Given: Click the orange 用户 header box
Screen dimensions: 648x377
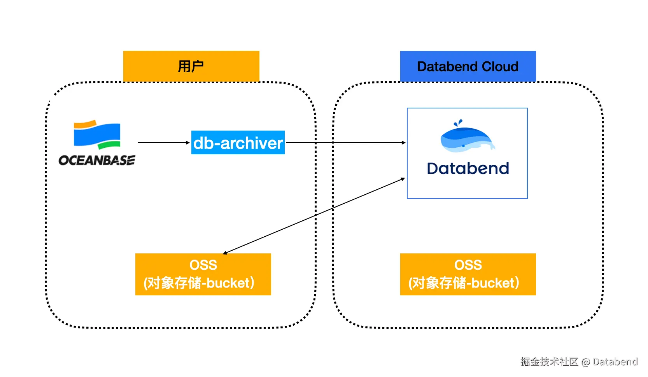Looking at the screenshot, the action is [x=191, y=66].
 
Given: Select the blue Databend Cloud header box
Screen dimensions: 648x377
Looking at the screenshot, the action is [x=468, y=66].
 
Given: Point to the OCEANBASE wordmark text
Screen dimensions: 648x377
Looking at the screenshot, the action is [x=96, y=160].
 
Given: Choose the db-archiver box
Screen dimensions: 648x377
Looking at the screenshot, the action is [x=238, y=143].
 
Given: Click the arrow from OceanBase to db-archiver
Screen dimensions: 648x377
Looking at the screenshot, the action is [x=164, y=143].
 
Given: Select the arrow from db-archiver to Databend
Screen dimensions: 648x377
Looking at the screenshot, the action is [x=346, y=143].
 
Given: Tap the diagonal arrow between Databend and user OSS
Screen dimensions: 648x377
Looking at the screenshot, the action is [x=314, y=216].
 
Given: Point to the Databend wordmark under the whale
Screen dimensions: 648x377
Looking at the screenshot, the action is [x=468, y=169].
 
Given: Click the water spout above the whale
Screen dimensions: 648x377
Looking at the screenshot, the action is [x=458, y=123].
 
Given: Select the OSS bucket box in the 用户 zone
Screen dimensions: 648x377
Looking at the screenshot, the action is [x=203, y=274].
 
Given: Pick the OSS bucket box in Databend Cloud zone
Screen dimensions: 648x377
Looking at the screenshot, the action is [x=468, y=274].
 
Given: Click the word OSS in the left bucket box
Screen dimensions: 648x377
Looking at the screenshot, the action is [x=203, y=265].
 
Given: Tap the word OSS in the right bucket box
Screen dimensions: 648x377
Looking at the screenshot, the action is [x=468, y=265].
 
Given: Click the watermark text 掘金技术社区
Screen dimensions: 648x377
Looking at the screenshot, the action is [x=549, y=362].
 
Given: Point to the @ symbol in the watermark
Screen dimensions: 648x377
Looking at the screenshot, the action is [x=586, y=362].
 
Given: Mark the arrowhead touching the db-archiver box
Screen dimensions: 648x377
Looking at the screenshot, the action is [x=188, y=143].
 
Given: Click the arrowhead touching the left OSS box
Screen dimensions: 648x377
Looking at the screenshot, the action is [x=225, y=253].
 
